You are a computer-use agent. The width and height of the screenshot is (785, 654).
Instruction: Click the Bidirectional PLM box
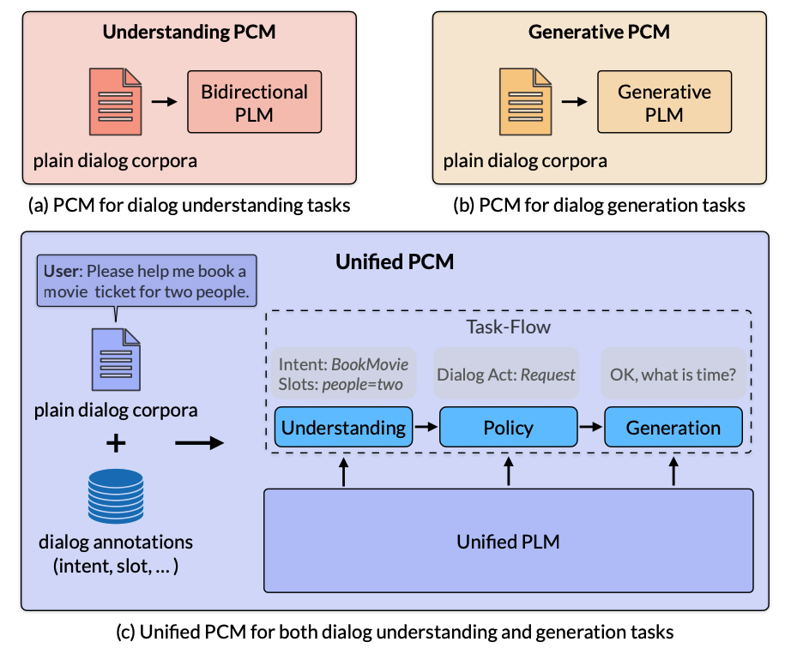point(254,102)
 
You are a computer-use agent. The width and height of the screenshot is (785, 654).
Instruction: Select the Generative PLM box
point(664,102)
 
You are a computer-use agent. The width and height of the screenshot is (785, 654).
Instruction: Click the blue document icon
point(116,360)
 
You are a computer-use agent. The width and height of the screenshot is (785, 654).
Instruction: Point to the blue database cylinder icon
point(116,496)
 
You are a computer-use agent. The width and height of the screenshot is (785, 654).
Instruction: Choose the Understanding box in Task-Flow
point(343,428)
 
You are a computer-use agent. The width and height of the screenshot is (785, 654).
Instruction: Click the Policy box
point(508,428)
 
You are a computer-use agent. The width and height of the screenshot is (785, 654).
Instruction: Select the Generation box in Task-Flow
point(673,428)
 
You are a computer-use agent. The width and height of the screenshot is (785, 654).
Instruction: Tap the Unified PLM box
point(508,541)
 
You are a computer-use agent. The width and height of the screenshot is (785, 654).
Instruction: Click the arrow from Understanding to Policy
point(426,427)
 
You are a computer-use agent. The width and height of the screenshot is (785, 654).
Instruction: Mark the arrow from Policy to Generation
point(591,427)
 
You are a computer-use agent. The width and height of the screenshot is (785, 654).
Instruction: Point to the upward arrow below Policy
point(509,471)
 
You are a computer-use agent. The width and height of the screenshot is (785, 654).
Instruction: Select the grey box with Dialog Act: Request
point(506,375)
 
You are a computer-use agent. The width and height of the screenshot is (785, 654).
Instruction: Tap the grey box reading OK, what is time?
point(673,375)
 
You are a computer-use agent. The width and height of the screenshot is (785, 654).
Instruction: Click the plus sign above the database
point(115,443)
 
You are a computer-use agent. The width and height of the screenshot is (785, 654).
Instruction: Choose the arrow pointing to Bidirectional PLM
point(164,102)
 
